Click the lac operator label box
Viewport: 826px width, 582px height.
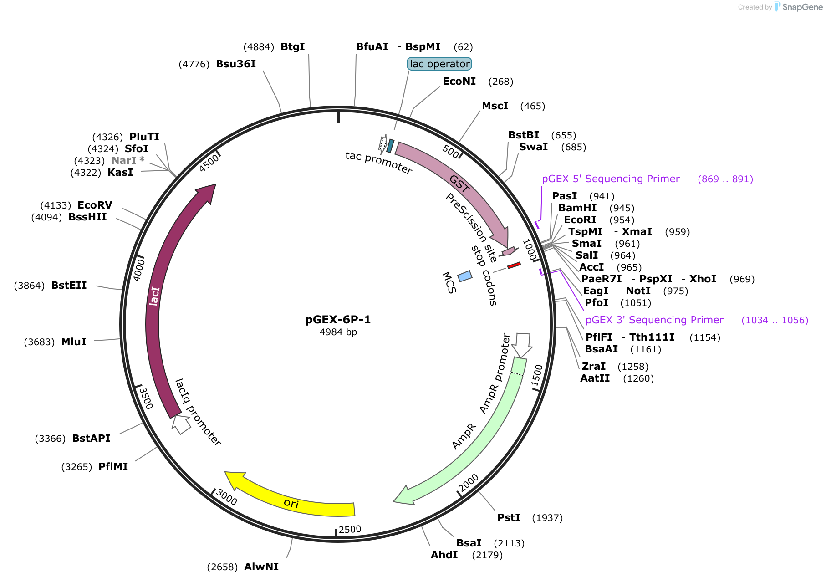click(x=439, y=64)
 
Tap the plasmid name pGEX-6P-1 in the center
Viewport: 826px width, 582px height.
click(x=338, y=319)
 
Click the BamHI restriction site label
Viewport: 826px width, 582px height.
click(x=577, y=208)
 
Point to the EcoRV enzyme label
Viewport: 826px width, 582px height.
click(x=95, y=205)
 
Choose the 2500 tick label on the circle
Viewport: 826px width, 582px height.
click(x=350, y=529)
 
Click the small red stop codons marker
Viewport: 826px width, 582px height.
click(x=514, y=265)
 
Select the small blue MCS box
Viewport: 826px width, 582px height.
click(x=465, y=276)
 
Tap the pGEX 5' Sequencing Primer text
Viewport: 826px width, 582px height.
click(x=611, y=179)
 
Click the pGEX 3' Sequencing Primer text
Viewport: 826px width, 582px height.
click(x=654, y=320)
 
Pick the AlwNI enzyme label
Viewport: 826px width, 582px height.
click(x=261, y=567)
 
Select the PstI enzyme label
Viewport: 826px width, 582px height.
click(x=509, y=517)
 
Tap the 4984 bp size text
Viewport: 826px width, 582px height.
click(x=338, y=332)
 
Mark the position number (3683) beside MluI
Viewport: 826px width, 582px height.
click(x=39, y=342)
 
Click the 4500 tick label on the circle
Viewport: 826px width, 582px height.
click(x=209, y=163)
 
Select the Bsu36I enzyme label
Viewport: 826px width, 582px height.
click(x=236, y=64)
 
